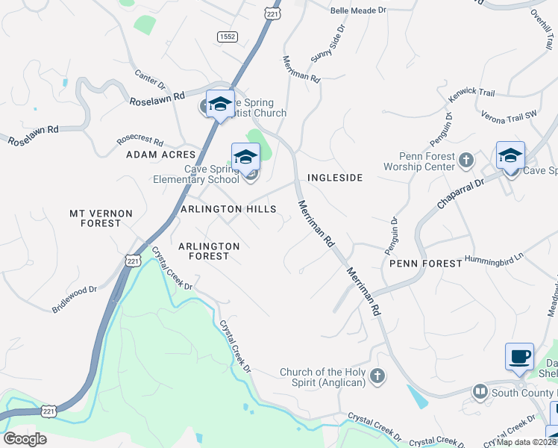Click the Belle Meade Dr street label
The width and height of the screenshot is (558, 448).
[358, 10]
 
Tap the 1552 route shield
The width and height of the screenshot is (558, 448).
[228, 36]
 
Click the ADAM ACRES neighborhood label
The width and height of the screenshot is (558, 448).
[156, 155]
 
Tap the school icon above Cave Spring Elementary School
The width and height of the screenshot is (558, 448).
[245, 157]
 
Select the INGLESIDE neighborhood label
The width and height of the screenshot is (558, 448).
[335, 178]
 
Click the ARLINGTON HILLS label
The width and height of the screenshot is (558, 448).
[228, 210]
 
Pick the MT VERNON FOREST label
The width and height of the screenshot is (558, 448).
[101, 218]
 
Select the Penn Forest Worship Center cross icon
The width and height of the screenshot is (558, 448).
[465, 159]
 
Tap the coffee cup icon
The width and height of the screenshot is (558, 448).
[519, 356]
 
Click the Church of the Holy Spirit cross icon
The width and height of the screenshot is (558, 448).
[377, 376]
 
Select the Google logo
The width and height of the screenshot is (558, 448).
[25, 439]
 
